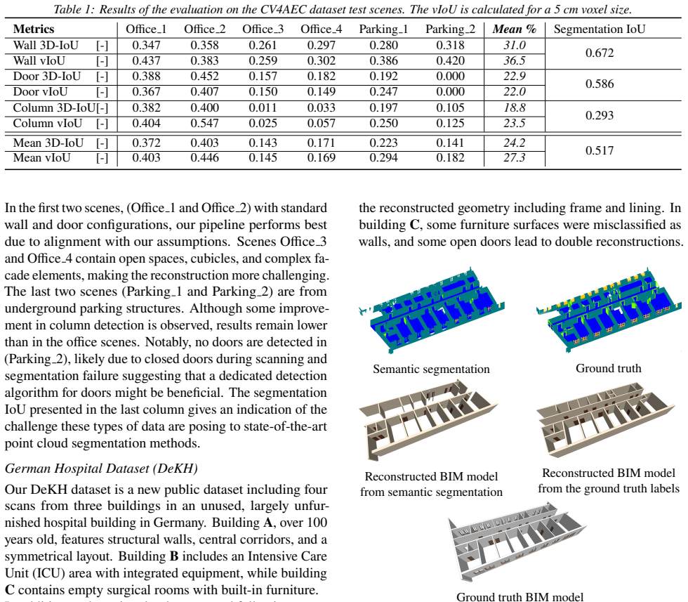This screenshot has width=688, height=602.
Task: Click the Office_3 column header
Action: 263,29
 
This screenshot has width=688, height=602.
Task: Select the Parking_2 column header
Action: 450,29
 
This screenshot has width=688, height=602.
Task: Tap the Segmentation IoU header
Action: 600,29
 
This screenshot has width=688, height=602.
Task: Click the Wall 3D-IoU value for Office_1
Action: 146,45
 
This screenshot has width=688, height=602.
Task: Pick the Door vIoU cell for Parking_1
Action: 383,92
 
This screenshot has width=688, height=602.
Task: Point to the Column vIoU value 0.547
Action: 204,123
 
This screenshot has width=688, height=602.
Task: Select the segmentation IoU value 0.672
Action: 600,53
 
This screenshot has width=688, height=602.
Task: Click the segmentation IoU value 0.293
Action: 600,115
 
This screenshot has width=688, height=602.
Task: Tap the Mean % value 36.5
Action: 514,60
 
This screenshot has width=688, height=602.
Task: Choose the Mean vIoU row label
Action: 41,157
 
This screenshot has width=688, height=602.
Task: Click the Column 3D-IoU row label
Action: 54,107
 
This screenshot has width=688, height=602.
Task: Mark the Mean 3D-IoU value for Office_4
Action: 322,143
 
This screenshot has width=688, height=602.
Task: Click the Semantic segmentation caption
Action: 431,369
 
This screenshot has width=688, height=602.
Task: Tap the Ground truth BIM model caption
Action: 520,596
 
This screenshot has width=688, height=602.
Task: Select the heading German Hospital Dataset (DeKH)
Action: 101,469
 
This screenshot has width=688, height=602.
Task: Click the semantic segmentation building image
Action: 432,310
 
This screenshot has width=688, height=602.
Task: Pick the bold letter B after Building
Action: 174,556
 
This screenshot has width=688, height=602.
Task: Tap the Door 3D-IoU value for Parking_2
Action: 450,77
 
